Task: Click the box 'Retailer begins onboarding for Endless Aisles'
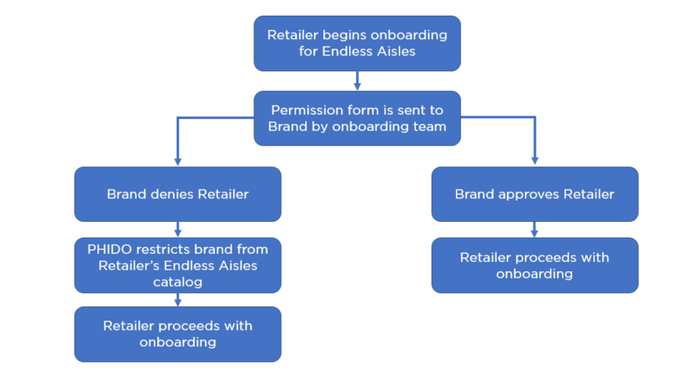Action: click(x=357, y=43)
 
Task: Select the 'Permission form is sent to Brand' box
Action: click(x=357, y=118)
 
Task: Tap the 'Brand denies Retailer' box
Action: click(x=177, y=194)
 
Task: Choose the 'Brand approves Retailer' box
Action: click(x=534, y=194)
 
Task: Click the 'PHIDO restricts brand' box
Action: click(x=177, y=265)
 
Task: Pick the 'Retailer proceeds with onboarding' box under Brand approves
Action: click(x=534, y=265)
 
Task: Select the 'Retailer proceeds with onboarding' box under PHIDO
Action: click(x=177, y=334)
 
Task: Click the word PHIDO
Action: click(x=108, y=249)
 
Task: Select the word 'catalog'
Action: click(x=177, y=281)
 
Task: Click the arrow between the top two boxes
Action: click(x=357, y=81)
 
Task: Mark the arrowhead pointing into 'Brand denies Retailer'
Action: click(x=177, y=161)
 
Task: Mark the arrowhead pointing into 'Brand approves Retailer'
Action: click(x=534, y=161)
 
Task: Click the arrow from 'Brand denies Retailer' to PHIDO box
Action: click(x=177, y=230)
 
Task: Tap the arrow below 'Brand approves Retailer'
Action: click(x=534, y=230)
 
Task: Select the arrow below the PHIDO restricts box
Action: click(x=177, y=299)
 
